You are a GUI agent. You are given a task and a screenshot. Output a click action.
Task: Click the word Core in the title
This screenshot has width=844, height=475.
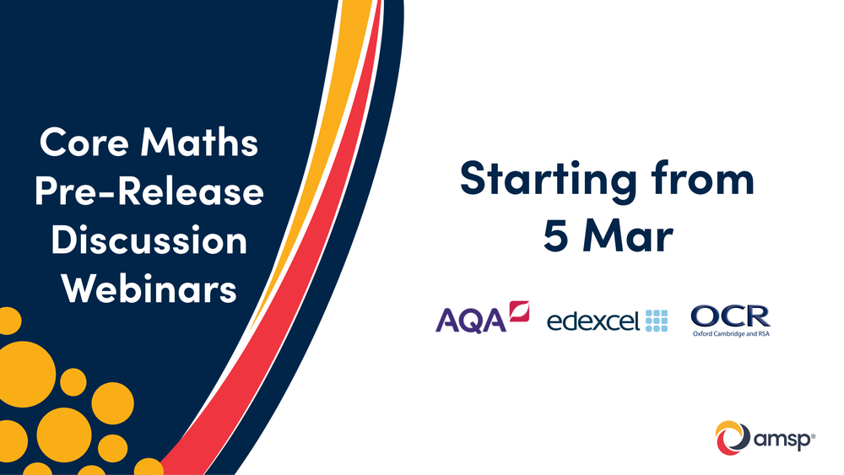(x=84, y=142)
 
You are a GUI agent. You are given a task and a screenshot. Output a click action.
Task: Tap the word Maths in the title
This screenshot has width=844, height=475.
(x=199, y=142)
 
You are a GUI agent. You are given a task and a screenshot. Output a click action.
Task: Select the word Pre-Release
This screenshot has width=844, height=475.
(x=149, y=192)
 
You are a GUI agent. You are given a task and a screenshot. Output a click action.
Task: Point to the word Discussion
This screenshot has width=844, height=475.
(x=149, y=240)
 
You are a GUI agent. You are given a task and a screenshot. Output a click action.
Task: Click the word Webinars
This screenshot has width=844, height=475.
(x=149, y=289)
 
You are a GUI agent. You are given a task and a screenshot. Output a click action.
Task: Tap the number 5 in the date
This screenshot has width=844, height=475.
(x=556, y=235)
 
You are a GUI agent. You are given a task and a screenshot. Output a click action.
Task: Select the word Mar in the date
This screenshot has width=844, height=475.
(x=628, y=235)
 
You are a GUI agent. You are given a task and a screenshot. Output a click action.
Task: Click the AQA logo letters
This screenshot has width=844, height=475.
(x=470, y=321)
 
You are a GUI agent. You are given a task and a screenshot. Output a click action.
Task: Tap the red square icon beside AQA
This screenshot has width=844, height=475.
(x=519, y=311)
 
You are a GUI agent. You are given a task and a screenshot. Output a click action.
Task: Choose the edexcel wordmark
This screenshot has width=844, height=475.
(x=593, y=321)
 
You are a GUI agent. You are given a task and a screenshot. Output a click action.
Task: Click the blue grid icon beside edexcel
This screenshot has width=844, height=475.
(x=657, y=321)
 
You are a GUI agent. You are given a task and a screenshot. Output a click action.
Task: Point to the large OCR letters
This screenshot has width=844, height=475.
(x=730, y=316)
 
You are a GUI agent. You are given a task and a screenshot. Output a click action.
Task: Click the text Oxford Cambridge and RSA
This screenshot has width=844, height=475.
(x=731, y=334)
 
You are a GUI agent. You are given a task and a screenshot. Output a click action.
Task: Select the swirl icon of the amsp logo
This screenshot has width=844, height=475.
(x=733, y=437)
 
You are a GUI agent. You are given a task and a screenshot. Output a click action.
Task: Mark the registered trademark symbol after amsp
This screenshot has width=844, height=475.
(x=813, y=435)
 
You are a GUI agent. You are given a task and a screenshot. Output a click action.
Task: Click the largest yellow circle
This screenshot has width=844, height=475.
(x=23, y=375)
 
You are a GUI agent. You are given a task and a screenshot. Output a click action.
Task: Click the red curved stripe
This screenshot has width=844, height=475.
(x=301, y=269)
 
